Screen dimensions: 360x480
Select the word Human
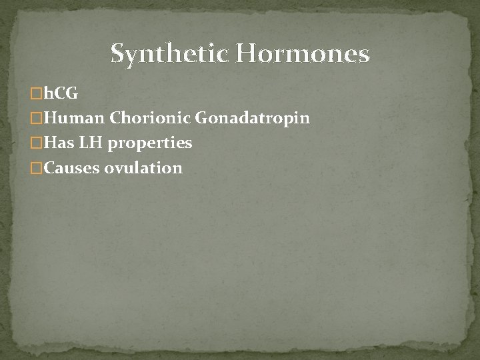pyautogui.click(x=73, y=118)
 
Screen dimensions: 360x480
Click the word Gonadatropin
pyautogui.click(x=252, y=118)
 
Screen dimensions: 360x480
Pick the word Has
pyautogui.click(x=57, y=143)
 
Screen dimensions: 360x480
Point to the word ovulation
pyautogui.click(x=143, y=167)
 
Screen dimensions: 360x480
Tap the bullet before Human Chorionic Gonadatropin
pyautogui.click(x=37, y=119)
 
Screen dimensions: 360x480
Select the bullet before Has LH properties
pyautogui.click(x=37, y=143)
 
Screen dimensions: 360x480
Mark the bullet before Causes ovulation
pyautogui.click(x=37, y=168)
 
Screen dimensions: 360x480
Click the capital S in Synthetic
pyautogui.click(x=119, y=53)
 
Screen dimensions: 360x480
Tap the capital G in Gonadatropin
pyautogui.click(x=202, y=118)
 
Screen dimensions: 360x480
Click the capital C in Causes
pyautogui.click(x=49, y=167)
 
